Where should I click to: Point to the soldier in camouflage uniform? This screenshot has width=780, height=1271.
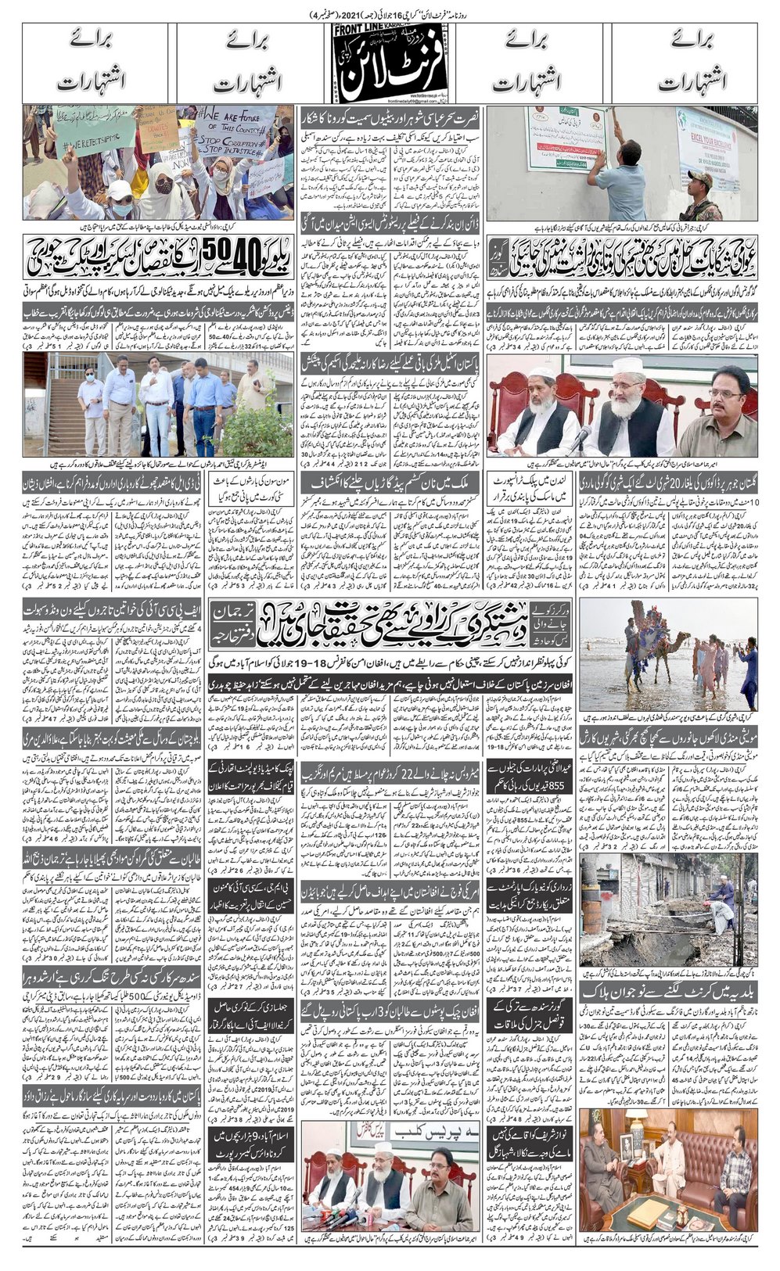[699, 192]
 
